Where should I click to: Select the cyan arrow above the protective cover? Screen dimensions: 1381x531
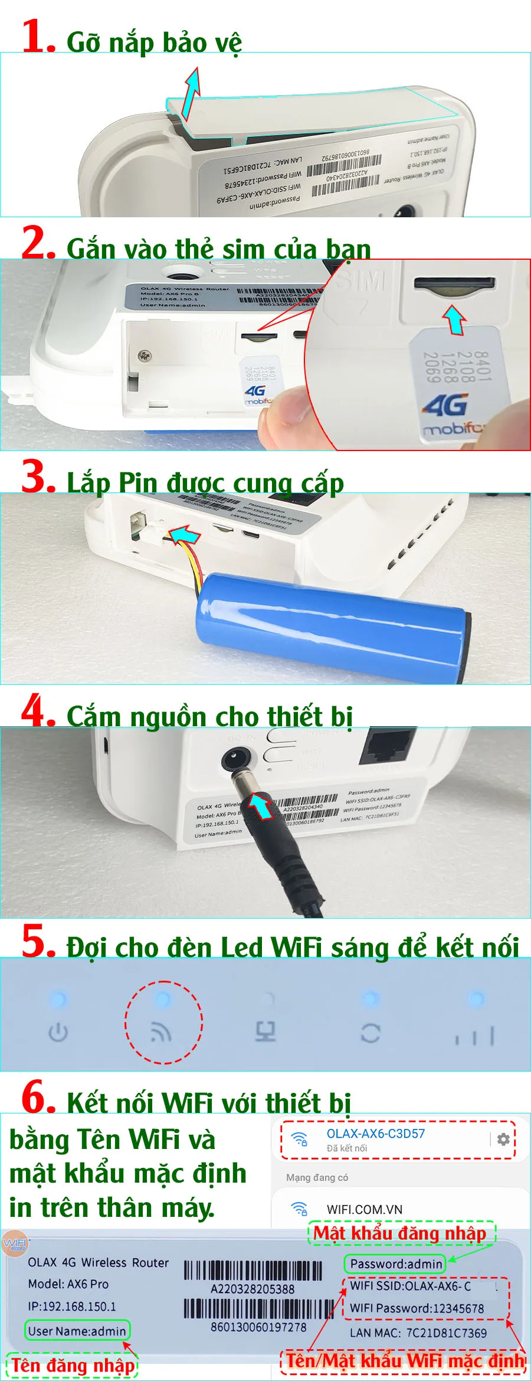[191, 93]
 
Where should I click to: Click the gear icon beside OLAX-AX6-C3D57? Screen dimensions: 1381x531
[503, 1139]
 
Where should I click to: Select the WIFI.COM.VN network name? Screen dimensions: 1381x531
[364, 1209]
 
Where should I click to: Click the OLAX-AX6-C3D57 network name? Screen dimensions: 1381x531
[375, 1134]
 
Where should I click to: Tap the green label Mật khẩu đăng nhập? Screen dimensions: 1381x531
[400, 1233]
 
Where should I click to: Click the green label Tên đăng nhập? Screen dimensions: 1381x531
[73, 1365]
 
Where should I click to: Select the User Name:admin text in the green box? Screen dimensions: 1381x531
[77, 1331]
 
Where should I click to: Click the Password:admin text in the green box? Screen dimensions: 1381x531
[396, 1264]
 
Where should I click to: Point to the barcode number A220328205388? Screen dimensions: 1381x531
[253, 1289]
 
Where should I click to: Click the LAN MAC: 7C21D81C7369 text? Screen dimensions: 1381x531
[418, 1333]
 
